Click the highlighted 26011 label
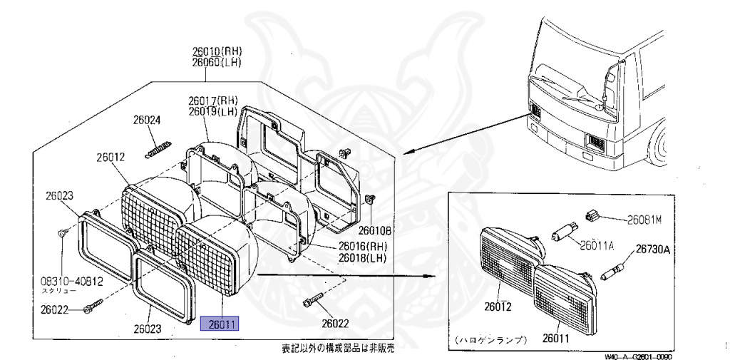point(221,324)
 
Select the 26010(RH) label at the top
point(217,51)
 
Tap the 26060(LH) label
point(217,62)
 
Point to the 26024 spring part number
point(146,120)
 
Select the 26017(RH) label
point(212,101)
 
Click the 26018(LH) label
point(361,257)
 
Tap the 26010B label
point(376,230)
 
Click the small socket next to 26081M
point(591,213)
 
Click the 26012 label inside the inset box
point(499,307)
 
